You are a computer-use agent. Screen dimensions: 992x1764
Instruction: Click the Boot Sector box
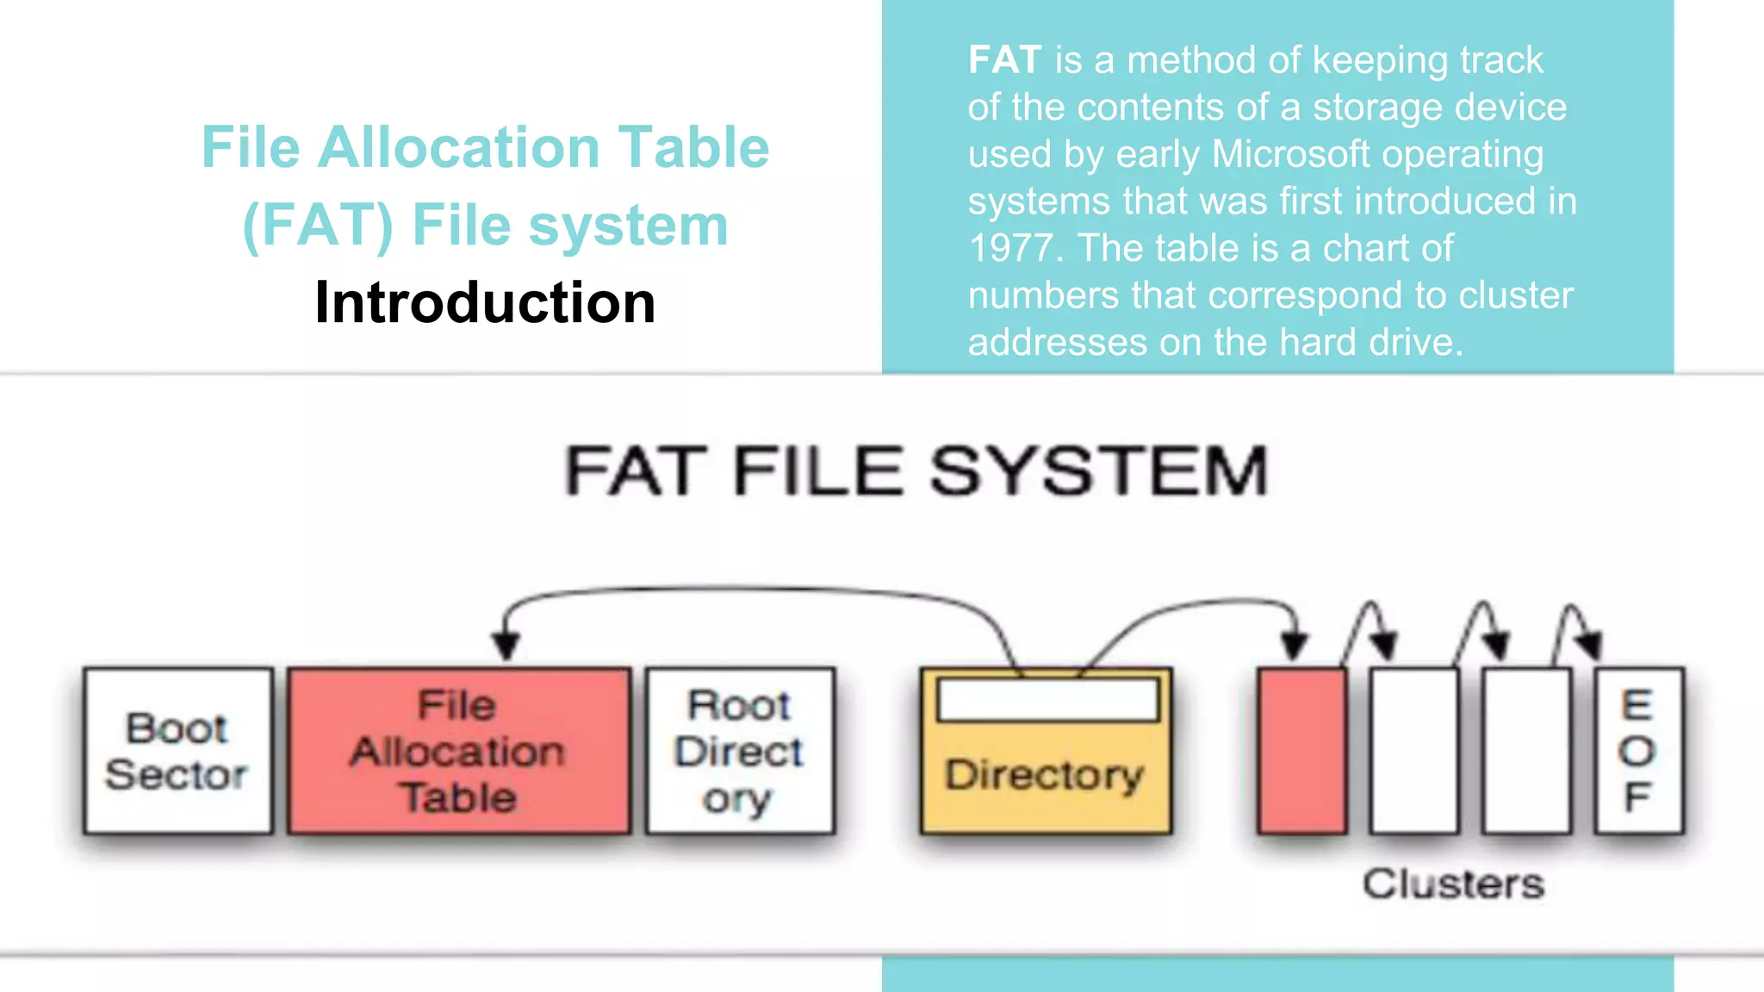178,751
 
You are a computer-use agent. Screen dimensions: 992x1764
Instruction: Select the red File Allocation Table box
458,751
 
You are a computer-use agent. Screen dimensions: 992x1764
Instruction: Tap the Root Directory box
740,751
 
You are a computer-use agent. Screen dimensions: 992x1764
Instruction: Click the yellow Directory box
1046,775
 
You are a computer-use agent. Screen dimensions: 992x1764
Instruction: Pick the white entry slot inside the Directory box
1047,700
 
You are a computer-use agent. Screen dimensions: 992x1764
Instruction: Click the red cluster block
1301,751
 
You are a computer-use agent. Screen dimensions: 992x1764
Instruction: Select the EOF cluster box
1638,751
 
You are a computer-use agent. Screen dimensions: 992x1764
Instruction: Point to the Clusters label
1453,883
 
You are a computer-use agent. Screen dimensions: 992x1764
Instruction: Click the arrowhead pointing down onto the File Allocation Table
506,646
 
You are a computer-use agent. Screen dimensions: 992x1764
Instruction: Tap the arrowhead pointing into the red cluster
1295,646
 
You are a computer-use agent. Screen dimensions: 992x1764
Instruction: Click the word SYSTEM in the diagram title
1099,471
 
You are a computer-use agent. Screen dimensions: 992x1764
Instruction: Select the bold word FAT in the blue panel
1004,60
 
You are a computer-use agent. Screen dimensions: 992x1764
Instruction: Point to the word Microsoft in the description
1290,154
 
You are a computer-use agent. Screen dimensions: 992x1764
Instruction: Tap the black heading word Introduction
485,302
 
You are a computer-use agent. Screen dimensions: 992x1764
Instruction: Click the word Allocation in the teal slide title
458,147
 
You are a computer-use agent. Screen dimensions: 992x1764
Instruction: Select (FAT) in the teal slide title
318,226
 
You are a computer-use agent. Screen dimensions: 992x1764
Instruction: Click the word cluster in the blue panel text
1525,295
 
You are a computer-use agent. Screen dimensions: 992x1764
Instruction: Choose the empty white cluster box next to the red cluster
1414,751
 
